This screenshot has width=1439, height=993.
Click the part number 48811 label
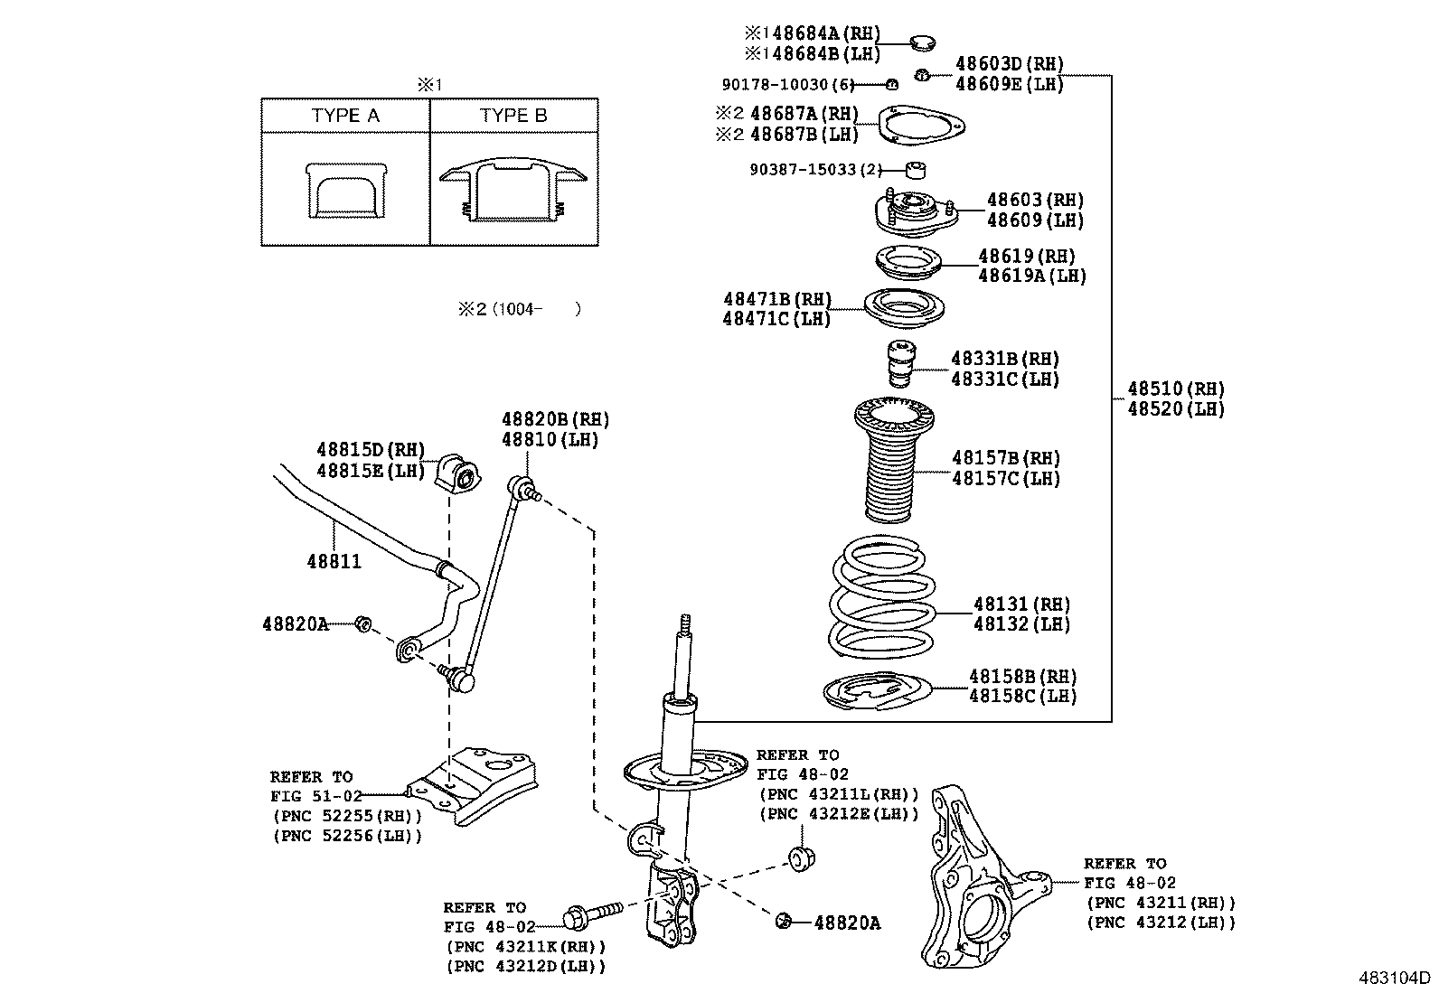coord(334,561)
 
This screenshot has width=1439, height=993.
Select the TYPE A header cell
coord(345,116)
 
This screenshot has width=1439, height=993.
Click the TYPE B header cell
coord(513,116)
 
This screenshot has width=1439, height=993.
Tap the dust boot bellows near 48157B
coord(893,465)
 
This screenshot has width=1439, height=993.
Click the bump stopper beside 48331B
coord(898,363)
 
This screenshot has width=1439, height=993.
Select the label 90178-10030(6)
coord(788,84)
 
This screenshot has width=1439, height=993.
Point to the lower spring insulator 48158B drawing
coord(876,693)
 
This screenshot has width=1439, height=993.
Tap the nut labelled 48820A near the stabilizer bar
coord(362,623)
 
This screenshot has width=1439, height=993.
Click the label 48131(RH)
coord(1021,604)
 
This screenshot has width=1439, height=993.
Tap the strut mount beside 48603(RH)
coord(915,214)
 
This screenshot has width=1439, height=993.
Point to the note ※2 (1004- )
coord(520,309)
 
